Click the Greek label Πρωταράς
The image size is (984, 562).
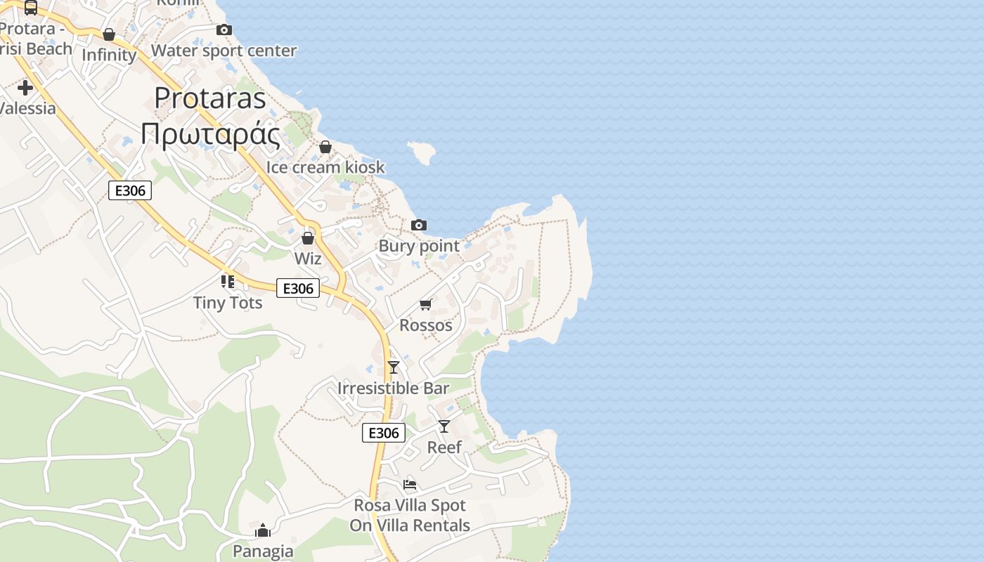[x=210, y=133]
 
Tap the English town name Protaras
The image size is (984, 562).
[x=210, y=98]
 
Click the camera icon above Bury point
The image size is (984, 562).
[x=419, y=225]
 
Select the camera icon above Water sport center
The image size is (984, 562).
[x=224, y=30]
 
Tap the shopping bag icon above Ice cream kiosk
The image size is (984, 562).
[x=325, y=147]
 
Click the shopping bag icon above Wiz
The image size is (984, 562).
[x=308, y=238]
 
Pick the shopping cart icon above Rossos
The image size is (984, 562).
[x=425, y=304]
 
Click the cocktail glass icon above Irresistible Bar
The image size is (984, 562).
[x=394, y=367]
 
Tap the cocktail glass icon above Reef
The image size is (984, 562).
[x=444, y=426]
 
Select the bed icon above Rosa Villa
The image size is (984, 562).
[x=410, y=484]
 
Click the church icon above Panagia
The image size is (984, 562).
[x=263, y=530]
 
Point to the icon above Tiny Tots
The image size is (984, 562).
[x=228, y=282]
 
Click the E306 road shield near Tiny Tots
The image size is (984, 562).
[x=298, y=288]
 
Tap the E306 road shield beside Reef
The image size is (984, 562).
[x=384, y=433]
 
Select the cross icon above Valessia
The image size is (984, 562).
[x=25, y=88]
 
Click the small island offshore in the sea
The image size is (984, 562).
[x=422, y=152]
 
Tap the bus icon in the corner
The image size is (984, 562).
[x=31, y=8]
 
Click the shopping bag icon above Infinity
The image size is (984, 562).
[x=109, y=34]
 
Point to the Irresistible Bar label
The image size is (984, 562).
[x=394, y=388]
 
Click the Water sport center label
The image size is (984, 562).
[x=224, y=51]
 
